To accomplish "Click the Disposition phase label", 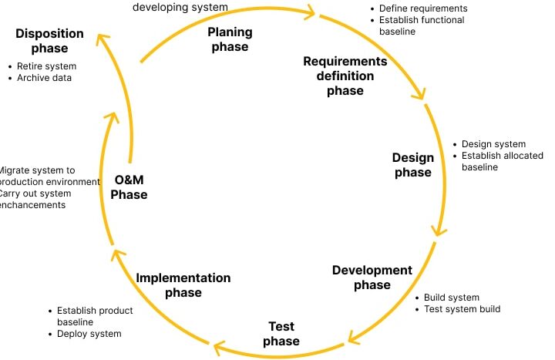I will pos(50,41).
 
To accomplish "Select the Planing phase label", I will pos(230,39).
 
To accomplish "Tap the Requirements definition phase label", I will pos(345,76).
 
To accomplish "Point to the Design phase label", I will pos(413,165).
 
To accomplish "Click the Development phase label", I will pos(372,278).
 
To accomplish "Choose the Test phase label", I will pos(281,334).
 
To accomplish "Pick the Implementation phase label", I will pos(183,285).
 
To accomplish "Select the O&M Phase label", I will pos(129,187).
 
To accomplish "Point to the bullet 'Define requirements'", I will pos(423,8).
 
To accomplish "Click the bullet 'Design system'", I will pos(493,144).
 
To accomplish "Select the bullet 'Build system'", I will pos(452,298).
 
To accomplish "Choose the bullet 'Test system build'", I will pos(462,309).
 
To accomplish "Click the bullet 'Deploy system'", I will pos(89,334).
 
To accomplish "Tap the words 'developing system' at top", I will pos(180,7).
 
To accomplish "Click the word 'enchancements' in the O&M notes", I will pos(32,205).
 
